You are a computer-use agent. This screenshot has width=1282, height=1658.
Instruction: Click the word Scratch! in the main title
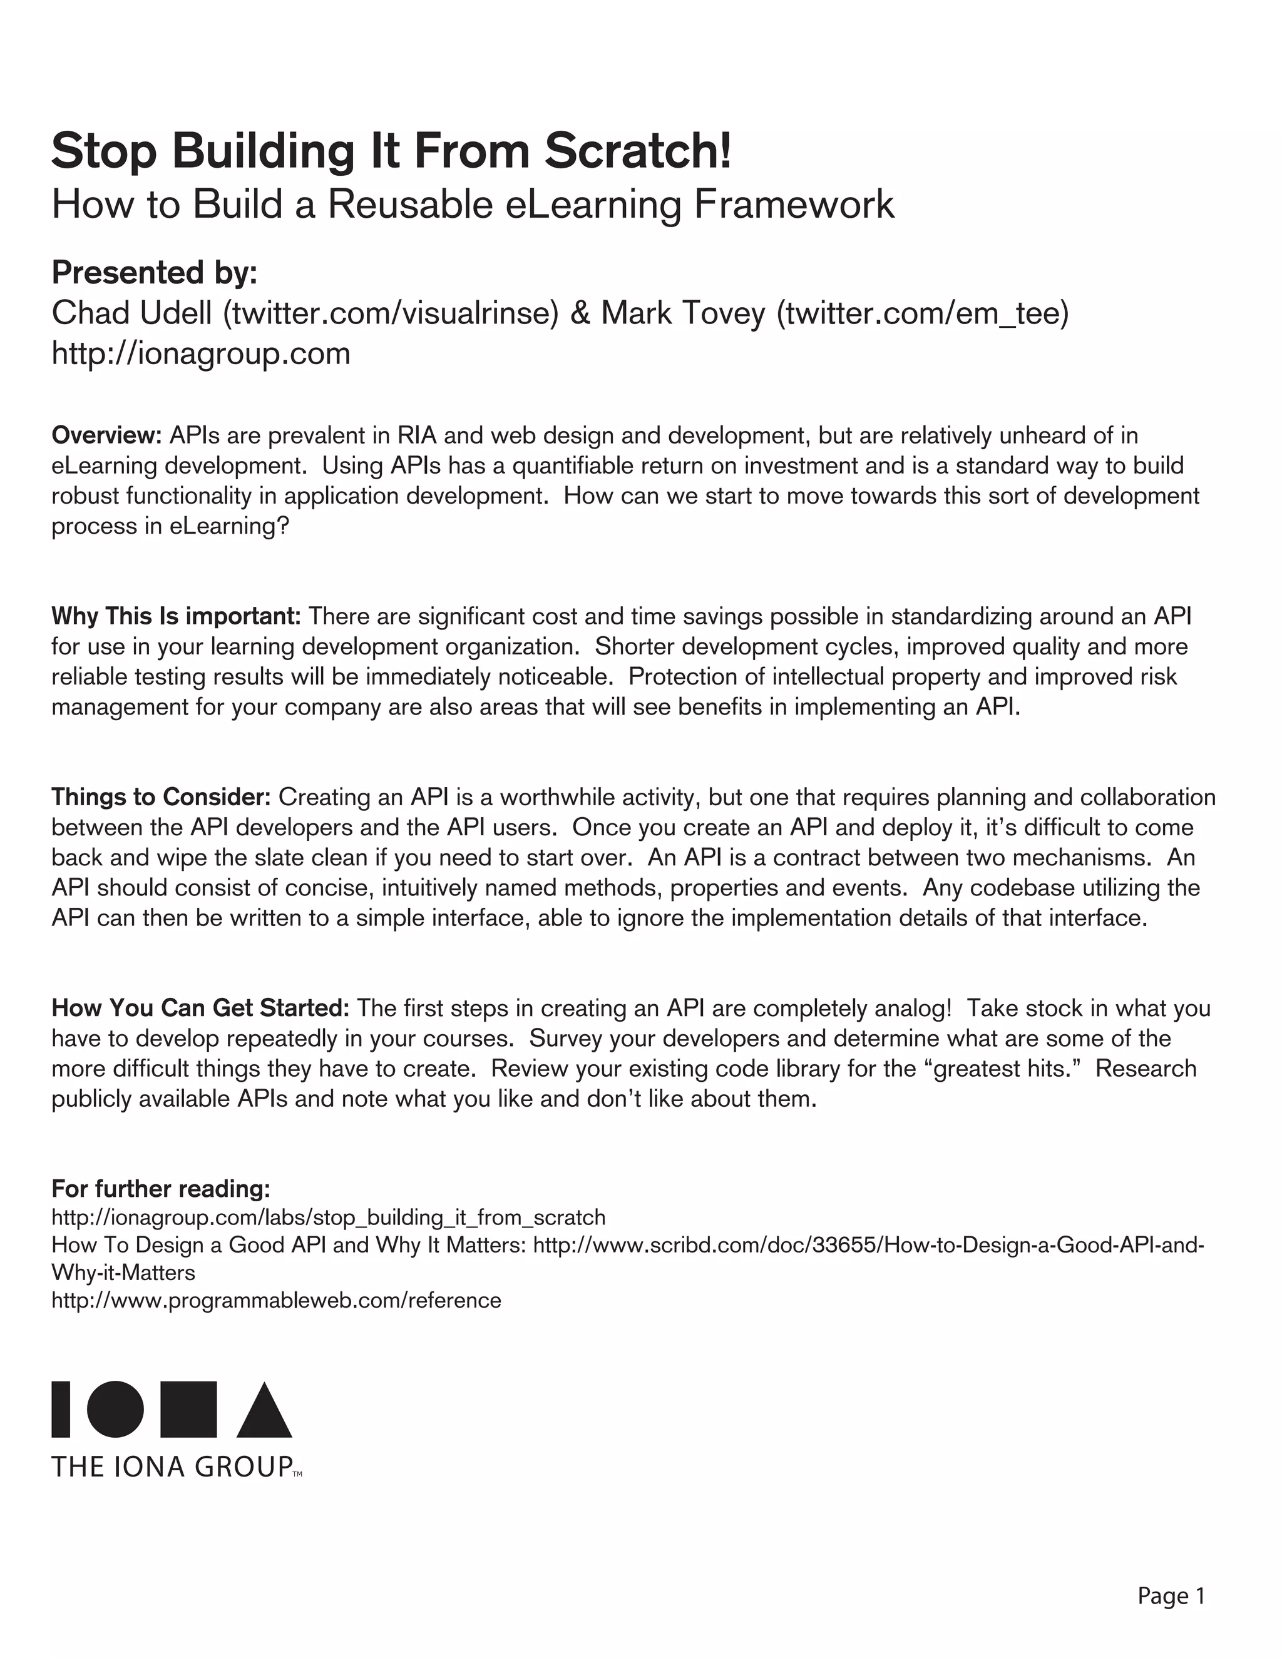pos(638,150)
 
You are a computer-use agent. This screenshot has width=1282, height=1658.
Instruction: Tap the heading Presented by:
pos(154,273)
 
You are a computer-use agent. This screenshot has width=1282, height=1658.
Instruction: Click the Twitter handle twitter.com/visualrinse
pos(391,313)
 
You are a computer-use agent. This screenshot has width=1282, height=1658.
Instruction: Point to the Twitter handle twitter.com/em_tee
pos(922,313)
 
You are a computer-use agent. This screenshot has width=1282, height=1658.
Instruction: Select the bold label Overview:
pos(106,435)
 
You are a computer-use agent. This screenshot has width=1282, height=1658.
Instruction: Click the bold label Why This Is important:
pos(176,616)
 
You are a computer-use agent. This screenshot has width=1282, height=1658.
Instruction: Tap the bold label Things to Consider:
pos(161,796)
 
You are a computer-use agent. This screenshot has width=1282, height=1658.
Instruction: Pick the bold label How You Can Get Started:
pos(200,1007)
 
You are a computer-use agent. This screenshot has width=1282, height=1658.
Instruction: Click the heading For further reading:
pos(161,1188)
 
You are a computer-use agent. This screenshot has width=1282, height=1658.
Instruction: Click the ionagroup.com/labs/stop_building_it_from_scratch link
pos(328,1218)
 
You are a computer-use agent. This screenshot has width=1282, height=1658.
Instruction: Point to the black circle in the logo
pos(115,1410)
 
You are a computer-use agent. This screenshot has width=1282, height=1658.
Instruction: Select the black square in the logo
pos(188,1410)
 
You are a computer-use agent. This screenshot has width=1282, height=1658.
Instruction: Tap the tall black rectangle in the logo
pos(61,1410)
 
